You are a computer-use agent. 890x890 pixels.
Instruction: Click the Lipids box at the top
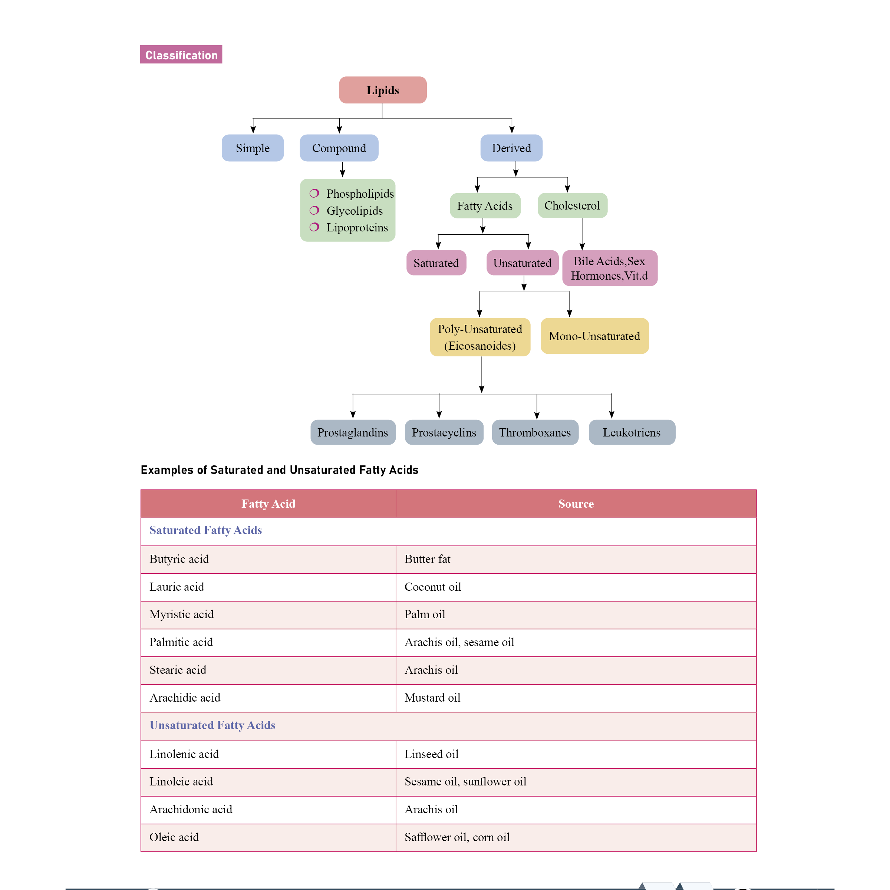382,90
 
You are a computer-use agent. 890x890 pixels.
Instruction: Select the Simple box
253,148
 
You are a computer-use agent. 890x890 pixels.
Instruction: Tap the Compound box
339,148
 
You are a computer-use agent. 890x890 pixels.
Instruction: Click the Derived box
511,148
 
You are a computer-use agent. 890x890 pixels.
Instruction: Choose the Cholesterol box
572,205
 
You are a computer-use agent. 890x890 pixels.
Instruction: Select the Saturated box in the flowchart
436,263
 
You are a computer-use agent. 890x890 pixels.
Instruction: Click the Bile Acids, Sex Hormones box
609,268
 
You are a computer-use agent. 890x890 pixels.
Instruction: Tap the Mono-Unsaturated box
594,336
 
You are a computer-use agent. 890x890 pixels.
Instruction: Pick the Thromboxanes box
534,432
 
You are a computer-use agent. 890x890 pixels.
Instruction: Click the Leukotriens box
631,432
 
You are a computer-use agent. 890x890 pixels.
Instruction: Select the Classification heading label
181,55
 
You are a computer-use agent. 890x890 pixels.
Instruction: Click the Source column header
576,504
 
